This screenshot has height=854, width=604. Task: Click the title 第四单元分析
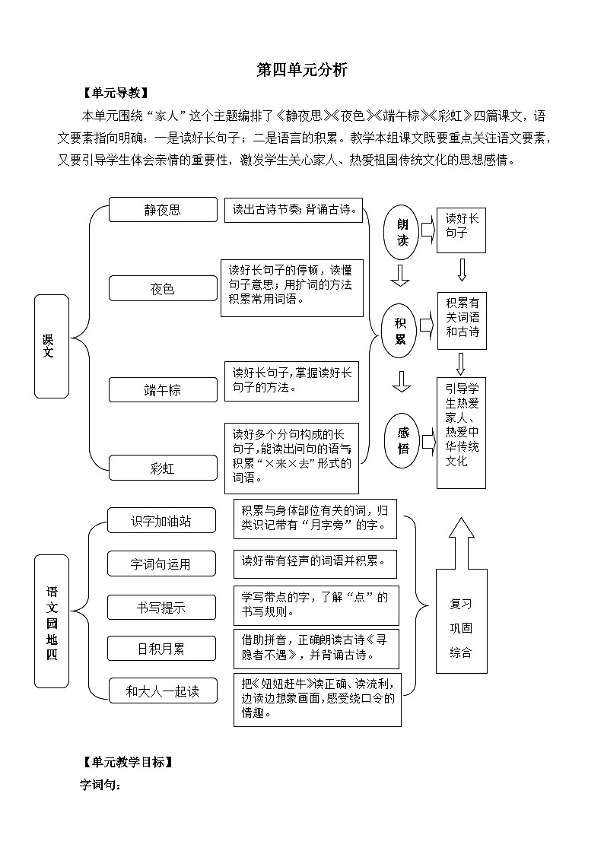302,70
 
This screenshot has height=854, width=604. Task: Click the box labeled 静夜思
163,210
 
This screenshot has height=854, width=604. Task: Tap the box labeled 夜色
163,288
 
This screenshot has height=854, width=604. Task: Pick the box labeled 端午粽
163,390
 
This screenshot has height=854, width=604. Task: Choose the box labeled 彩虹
163,468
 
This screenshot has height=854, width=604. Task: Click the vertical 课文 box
51,346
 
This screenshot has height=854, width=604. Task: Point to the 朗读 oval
402,233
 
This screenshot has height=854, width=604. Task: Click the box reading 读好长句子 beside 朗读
461,227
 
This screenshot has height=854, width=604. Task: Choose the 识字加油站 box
161,521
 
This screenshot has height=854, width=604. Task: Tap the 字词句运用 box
161,564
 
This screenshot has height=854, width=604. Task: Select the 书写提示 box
161,608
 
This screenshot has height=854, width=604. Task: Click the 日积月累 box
161,649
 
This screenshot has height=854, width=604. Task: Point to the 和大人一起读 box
162,691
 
